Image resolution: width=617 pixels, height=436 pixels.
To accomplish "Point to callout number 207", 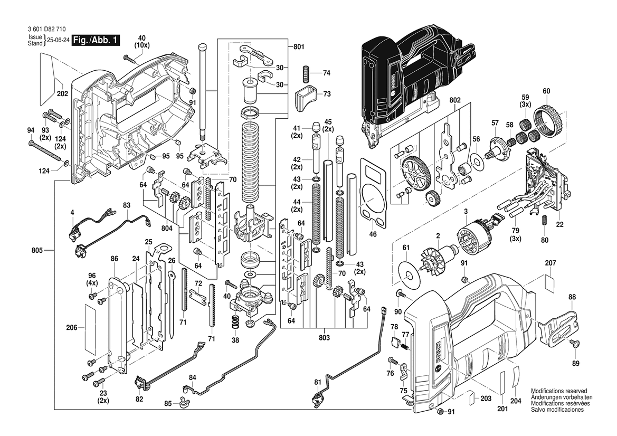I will coord(550,263).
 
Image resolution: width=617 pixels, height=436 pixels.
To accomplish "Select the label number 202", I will coord(63,94).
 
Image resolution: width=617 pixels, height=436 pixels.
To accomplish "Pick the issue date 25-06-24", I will coord(57,40).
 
